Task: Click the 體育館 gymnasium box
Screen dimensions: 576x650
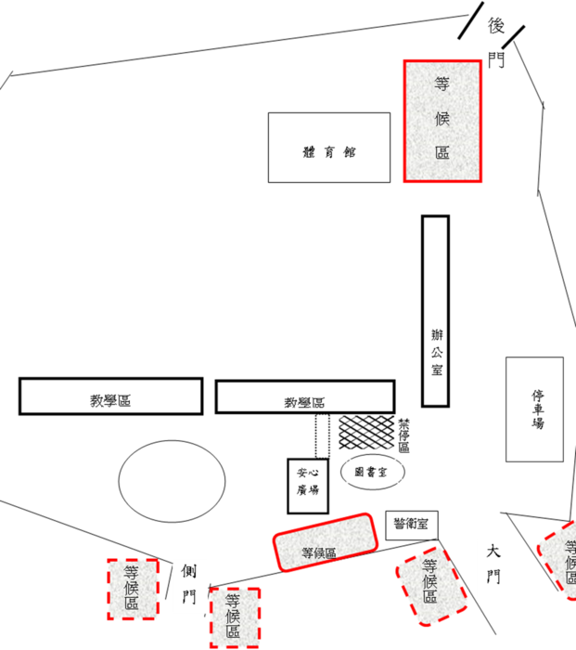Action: (329, 147)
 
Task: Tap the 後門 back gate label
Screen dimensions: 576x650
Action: (496, 43)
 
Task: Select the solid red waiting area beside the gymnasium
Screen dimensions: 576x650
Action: (442, 121)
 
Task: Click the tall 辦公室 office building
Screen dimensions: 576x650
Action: (436, 311)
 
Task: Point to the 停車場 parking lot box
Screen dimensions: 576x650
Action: (534, 409)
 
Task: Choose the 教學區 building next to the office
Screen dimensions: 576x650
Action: (305, 396)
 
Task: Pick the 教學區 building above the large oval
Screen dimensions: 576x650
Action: (111, 396)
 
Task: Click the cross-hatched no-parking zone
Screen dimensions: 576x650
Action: (366, 433)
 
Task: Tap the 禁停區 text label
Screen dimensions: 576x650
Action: (403, 435)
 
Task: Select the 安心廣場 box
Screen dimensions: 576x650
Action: (308, 486)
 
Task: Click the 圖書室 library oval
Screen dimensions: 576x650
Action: (372, 472)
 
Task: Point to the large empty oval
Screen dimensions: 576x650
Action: (172, 481)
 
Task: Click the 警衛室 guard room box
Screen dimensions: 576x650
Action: (412, 525)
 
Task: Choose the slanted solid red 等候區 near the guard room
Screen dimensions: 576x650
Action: (325, 542)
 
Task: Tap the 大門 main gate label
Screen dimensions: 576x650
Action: (493, 565)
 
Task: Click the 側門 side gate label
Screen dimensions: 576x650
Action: (189, 584)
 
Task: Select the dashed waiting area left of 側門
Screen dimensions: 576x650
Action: (133, 589)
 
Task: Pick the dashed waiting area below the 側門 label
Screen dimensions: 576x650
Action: (235, 617)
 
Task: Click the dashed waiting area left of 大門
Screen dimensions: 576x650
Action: (431, 586)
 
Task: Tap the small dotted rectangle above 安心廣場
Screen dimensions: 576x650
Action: (323, 435)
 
